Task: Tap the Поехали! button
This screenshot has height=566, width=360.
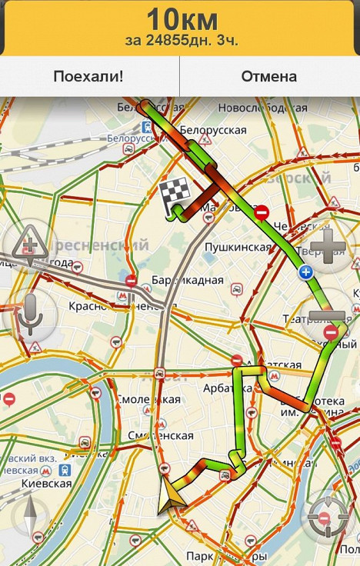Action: pyautogui.click(x=89, y=76)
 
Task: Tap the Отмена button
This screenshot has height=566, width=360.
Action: pyautogui.click(x=269, y=76)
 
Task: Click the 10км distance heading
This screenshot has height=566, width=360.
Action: pyautogui.click(x=181, y=18)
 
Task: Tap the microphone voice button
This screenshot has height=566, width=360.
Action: pyautogui.click(x=29, y=311)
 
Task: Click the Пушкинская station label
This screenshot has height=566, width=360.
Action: pyautogui.click(x=238, y=247)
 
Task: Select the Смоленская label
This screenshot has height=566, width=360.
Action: pyautogui.click(x=148, y=399)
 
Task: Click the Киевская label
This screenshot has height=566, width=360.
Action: pyautogui.click(x=46, y=484)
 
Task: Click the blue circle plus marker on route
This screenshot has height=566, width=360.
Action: pyautogui.click(x=306, y=271)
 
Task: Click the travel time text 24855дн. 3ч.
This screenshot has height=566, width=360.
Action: pyautogui.click(x=180, y=40)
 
